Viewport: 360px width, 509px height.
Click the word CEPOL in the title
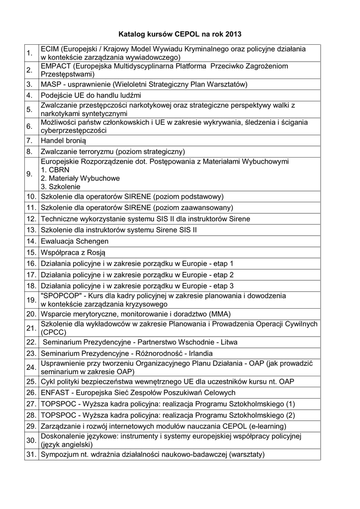(x=186, y=34)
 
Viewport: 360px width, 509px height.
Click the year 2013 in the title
(x=233, y=34)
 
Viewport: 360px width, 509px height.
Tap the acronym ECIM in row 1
(x=50, y=49)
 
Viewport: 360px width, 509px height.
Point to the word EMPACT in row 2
(x=56, y=66)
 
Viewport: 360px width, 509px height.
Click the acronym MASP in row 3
(x=50, y=84)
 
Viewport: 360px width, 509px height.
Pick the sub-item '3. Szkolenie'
(x=60, y=186)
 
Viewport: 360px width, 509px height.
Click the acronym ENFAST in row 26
(x=55, y=393)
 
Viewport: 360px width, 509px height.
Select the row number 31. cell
(x=31, y=454)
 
